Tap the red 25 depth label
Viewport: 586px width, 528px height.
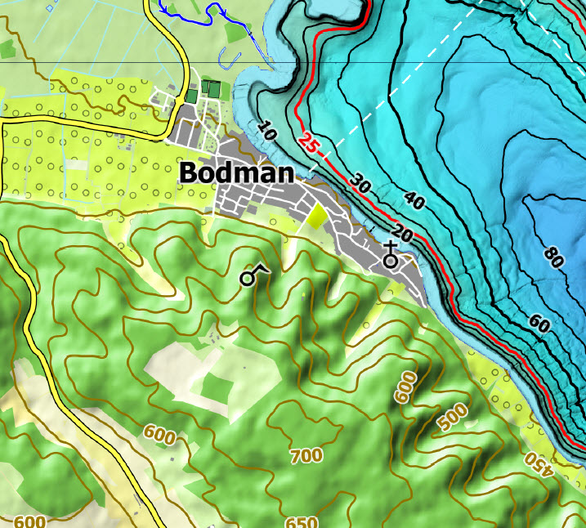pyautogui.click(x=307, y=143)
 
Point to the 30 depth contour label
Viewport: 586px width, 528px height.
pyautogui.click(x=361, y=185)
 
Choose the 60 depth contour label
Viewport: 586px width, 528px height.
pyautogui.click(x=538, y=324)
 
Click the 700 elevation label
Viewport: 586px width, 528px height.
pyautogui.click(x=306, y=455)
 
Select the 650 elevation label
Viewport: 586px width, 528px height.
pyautogui.click(x=302, y=521)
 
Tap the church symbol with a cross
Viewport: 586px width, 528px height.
pyautogui.click(x=391, y=256)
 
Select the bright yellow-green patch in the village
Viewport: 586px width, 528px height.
pyautogui.click(x=315, y=215)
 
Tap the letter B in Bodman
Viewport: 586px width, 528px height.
pyautogui.click(x=187, y=173)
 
